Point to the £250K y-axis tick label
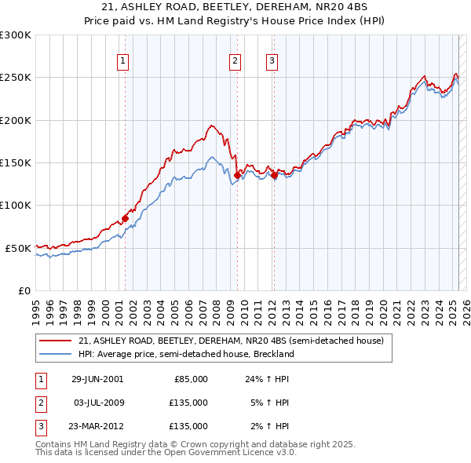tap(16, 78)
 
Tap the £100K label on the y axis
tap(16, 205)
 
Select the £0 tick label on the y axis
tap(24, 290)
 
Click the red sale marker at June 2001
tap(125, 218)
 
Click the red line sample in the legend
tap(55, 341)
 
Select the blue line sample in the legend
tap(55, 354)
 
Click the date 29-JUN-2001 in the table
tap(97, 379)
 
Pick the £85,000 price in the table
tap(190, 379)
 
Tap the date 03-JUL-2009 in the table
tap(97, 403)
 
